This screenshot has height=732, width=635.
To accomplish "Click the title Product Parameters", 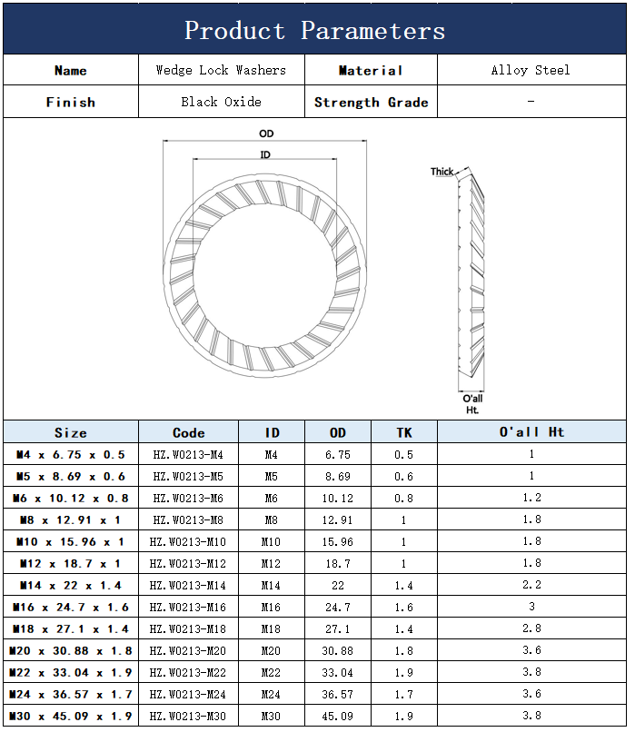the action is pos(314,31).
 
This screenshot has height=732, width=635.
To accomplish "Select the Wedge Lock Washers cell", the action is pos(221,70).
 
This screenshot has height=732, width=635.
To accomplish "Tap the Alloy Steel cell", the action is pos(531,70).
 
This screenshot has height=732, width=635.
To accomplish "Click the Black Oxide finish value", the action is pos(221,102).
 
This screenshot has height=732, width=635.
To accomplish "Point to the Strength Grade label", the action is pos(372,103).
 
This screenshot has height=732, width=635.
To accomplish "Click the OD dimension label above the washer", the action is pos(266,134).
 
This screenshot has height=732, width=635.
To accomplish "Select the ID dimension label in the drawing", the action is pos(265,154).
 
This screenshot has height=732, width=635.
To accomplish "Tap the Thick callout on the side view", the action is pos(442,172).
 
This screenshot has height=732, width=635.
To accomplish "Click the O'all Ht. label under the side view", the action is pos(472,404).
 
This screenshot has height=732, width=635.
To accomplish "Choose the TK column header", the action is pos(404,432).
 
